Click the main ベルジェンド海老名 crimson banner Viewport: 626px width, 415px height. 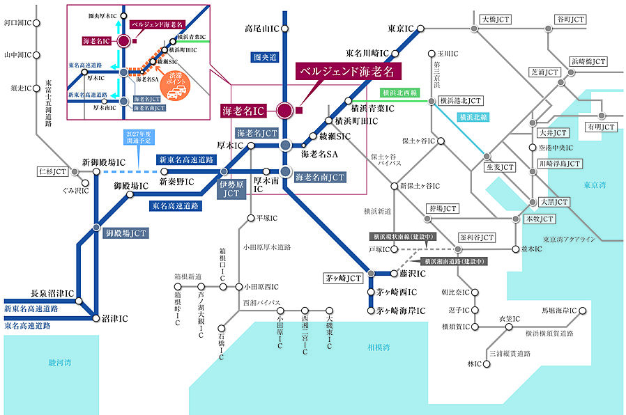coord(346,71)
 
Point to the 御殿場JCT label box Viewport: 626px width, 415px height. coord(126,233)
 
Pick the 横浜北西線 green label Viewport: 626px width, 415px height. coord(399,92)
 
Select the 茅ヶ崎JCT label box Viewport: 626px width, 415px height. coord(344,278)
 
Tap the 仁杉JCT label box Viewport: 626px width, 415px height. coord(52,171)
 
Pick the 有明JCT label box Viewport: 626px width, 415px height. coord(600,127)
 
